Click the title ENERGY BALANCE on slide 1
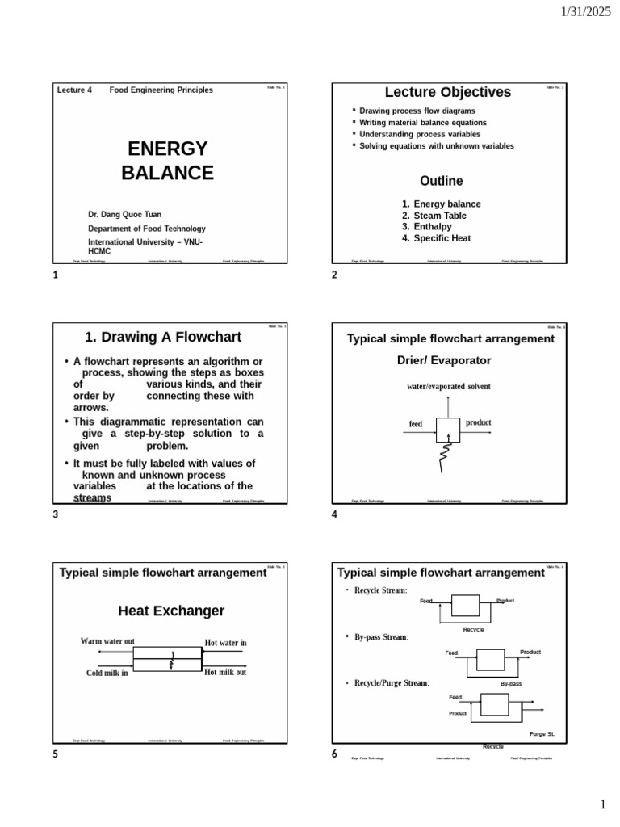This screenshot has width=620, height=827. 167,161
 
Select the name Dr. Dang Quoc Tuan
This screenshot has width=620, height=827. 124,214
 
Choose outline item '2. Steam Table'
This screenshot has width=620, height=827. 434,216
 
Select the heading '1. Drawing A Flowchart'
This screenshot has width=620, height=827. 164,337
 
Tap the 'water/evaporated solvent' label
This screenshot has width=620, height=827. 449,387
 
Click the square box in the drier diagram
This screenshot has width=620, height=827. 447,430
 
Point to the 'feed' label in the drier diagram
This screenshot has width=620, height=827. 416,424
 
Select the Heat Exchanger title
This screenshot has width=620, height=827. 171,611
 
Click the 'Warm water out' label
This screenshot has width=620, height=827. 107,641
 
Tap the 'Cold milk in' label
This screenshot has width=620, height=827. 107,673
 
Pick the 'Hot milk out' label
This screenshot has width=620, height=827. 225,672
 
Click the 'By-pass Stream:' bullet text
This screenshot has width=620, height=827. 381,637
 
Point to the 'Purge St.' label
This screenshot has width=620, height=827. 542,733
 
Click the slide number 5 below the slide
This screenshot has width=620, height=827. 55,754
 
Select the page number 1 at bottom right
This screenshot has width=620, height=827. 602,804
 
